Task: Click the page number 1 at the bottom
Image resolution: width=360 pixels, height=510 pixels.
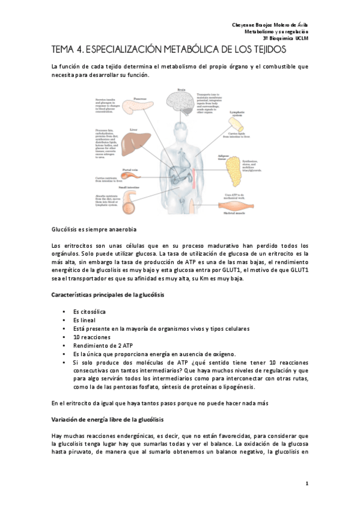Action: coord(307,484)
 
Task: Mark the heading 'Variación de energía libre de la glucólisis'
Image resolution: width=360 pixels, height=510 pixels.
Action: coord(103,417)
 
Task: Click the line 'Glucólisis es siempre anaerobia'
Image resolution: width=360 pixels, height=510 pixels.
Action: coord(93,229)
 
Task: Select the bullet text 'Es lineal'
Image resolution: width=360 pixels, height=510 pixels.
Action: coord(85,321)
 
